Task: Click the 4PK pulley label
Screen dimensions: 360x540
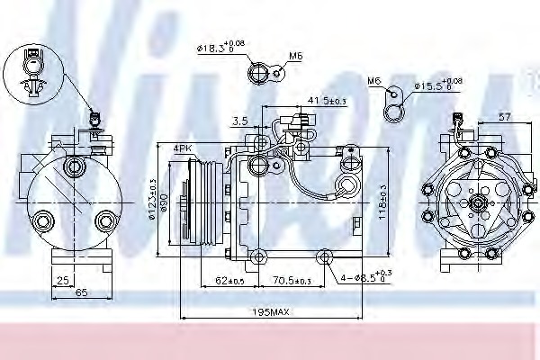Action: click(x=184, y=148)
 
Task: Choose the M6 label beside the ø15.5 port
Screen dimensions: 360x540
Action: click(x=374, y=81)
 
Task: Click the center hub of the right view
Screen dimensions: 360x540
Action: click(x=473, y=203)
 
